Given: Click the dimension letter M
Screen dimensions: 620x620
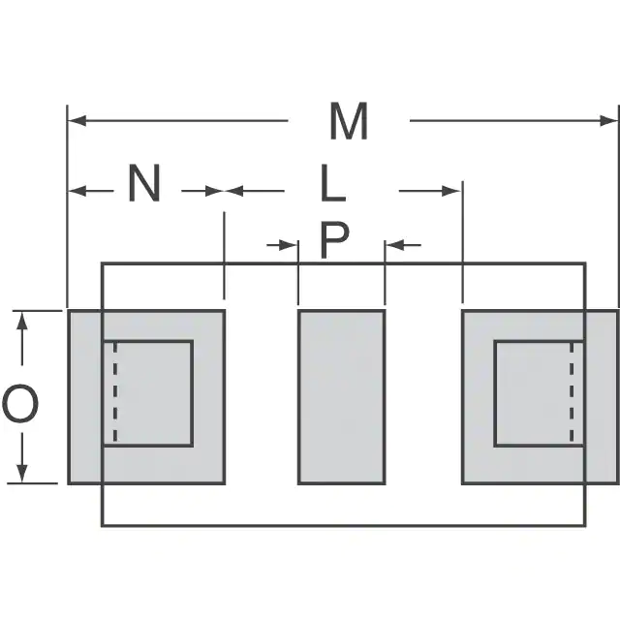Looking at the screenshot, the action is click(349, 121).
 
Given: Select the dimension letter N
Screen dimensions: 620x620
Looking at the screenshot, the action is click(144, 183).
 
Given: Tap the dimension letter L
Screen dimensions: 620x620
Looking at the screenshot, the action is click(333, 183).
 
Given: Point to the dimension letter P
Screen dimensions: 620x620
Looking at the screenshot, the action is click(334, 240).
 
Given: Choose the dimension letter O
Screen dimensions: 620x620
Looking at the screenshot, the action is click(20, 404).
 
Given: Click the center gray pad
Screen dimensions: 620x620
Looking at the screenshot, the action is click(342, 397).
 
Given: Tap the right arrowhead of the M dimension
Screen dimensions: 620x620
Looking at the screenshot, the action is click(608, 120).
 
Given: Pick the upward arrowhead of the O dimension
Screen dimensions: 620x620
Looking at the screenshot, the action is click(22, 321).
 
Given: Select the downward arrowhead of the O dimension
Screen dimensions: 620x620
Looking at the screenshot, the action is click(22, 474).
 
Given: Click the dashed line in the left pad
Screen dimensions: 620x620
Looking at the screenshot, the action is click(115, 392).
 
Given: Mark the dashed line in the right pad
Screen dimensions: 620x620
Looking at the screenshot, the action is click(572, 392).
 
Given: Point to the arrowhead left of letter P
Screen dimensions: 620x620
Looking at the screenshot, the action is click(288, 245).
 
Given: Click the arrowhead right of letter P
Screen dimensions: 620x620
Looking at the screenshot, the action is click(395, 245).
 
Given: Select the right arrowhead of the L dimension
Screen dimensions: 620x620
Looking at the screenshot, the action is click(451, 191).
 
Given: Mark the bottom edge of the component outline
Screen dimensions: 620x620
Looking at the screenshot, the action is click(344, 525).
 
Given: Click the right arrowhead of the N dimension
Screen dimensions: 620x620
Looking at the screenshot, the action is click(215, 191).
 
